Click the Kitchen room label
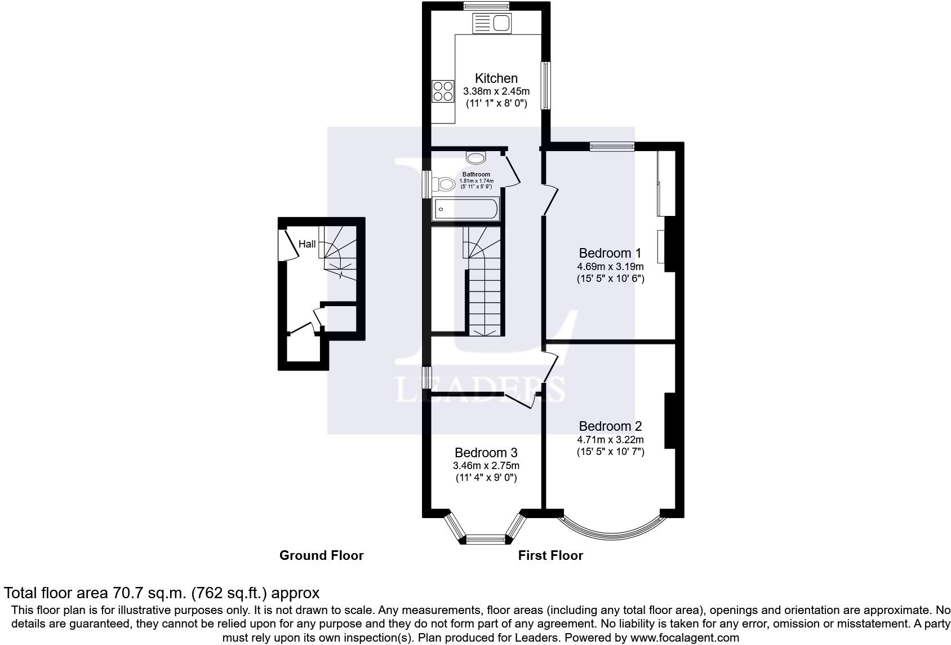pyautogui.click(x=496, y=78)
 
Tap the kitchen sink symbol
pyautogui.click(x=492, y=23)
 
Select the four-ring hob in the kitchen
pyautogui.click(x=443, y=91)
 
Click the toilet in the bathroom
pyautogui.click(x=443, y=184)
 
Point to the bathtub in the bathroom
pyautogui.click(x=465, y=209)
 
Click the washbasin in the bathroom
pyautogui.click(x=475, y=158)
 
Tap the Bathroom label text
pyautogui.click(x=476, y=174)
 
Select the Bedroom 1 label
pyautogui.click(x=610, y=253)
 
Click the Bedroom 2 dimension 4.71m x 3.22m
pyautogui.click(x=610, y=439)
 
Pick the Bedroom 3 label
pyautogui.click(x=486, y=453)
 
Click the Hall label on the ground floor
pyautogui.click(x=307, y=244)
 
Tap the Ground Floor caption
pyautogui.click(x=321, y=555)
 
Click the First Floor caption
pyautogui.click(x=550, y=555)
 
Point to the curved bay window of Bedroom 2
pyautogui.click(x=611, y=536)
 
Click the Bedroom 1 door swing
pyautogui.click(x=550, y=200)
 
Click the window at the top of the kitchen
pyautogui.click(x=486, y=6)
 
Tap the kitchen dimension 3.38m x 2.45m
pyautogui.click(x=496, y=91)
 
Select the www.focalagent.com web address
pyautogui.click(x=685, y=637)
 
